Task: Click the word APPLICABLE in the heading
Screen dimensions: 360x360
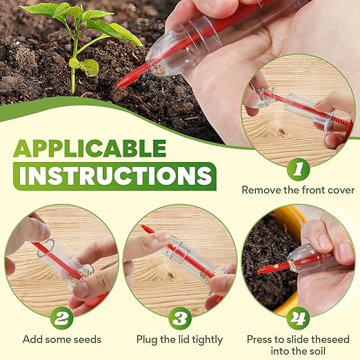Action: coord(90,148)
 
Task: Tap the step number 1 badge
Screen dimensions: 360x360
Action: coord(297,168)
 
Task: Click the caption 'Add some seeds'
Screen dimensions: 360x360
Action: coord(61,339)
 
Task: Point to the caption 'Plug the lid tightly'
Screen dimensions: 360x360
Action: coord(180,339)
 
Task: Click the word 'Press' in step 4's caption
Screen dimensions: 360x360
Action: coord(260,339)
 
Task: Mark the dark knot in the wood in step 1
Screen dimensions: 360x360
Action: coord(281,130)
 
